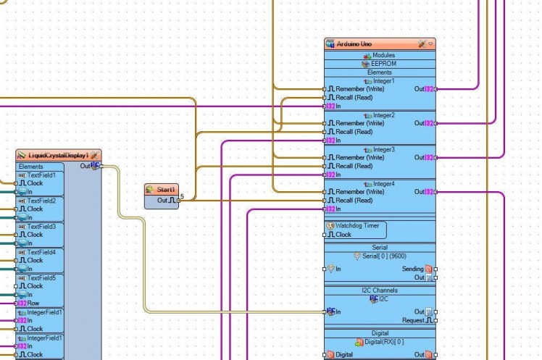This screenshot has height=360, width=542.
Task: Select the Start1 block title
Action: point(167,189)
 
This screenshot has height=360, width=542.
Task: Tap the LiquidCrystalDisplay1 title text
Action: point(58,155)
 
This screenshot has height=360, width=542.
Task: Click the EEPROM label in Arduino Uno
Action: point(384,64)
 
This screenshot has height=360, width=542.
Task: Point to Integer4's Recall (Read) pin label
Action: point(354,201)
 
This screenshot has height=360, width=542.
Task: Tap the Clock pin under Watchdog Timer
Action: point(343,235)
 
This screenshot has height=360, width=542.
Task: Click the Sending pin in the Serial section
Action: point(413,269)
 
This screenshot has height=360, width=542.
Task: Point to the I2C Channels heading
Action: point(379,290)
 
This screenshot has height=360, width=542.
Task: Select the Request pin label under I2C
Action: point(413,320)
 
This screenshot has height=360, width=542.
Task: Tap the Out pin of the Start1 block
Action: point(170,200)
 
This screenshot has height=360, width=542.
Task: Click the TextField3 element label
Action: point(41,227)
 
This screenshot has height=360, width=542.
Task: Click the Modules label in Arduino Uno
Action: point(383,55)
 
